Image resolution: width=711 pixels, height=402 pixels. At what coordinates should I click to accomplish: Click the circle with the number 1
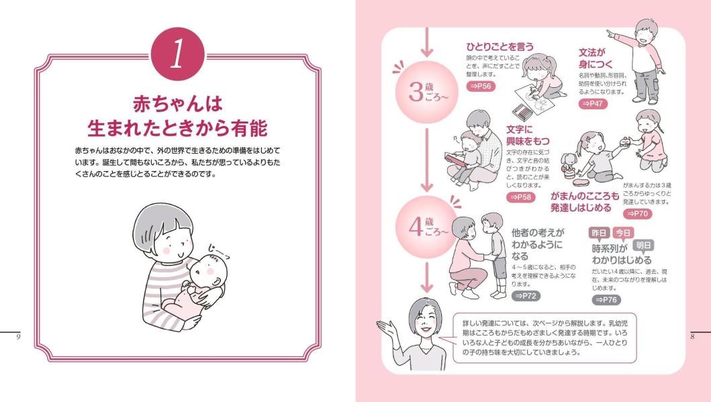point(177,54)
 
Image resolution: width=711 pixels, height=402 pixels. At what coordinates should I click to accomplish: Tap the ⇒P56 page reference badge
point(481,86)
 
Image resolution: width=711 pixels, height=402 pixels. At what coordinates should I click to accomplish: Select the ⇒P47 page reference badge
point(593,103)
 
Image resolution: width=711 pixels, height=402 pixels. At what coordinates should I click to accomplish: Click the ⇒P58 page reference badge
point(521,197)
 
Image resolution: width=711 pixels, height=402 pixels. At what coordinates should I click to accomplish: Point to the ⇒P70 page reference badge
point(638,213)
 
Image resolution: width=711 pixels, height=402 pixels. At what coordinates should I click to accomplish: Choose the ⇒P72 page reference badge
point(526,296)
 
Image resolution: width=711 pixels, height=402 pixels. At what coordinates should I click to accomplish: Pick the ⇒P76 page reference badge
point(606,299)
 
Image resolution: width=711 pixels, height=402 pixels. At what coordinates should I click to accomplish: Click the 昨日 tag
point(599,233)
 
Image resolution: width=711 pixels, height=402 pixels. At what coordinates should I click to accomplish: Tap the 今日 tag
point(623,233)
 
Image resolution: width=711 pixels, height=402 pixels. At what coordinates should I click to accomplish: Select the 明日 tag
point(643,245)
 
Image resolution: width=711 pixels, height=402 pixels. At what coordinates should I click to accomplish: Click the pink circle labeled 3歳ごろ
point(427,92)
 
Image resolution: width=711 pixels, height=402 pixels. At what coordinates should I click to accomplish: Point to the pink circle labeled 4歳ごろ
point(427,228)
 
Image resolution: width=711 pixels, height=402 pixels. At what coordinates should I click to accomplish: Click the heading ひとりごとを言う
point(500,47)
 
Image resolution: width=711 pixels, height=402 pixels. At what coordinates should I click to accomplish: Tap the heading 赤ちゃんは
point(178,104)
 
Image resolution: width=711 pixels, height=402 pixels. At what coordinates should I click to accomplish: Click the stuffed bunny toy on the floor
point(568,164)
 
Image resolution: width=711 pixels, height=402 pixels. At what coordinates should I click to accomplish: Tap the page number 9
point(18,336)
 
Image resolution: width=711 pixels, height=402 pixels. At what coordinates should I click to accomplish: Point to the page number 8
point(692,336)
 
